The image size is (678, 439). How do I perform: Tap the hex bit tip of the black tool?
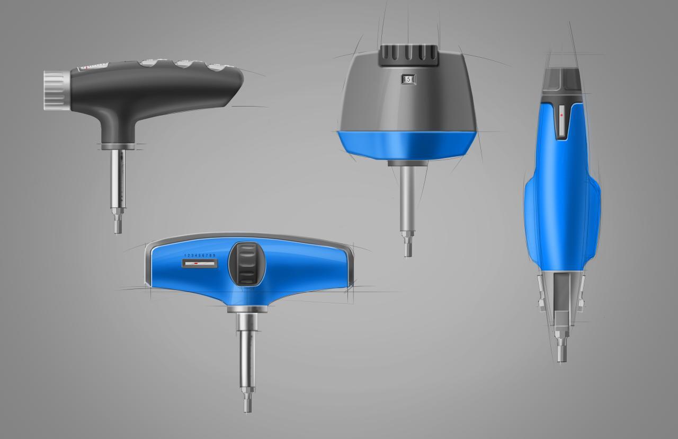tap(118, 225)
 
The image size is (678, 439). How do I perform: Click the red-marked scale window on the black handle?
tap(93, 67)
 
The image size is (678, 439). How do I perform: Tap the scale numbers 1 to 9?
tap(200, 256)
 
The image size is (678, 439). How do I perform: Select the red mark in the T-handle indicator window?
tap(196, 263)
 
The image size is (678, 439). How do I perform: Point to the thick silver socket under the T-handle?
tap(246, 320)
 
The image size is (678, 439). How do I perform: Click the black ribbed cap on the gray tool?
tap(408, 55)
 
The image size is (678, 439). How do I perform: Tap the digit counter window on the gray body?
tap(408, 80)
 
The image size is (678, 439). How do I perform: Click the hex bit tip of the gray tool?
tap(407, 247)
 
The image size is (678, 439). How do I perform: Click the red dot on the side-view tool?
tap(560, 115)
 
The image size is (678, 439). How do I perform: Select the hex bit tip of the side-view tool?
tap(561, 353)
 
